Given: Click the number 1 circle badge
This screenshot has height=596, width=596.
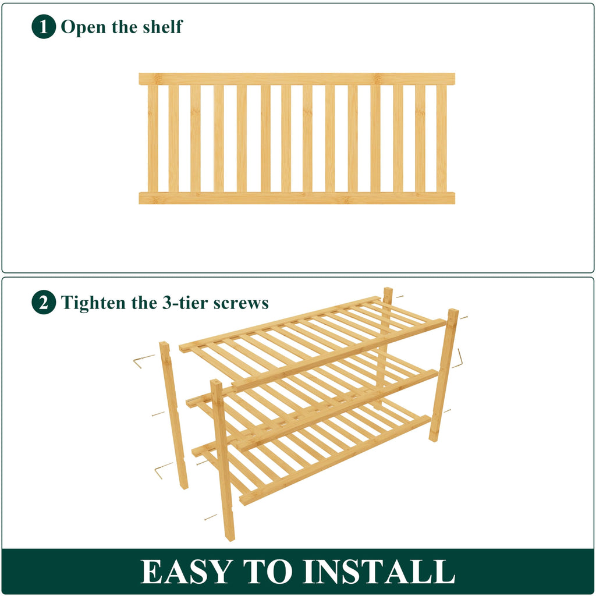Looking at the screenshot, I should (x=44, y=27).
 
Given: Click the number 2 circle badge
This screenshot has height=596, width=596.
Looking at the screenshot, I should (x=44, y=303).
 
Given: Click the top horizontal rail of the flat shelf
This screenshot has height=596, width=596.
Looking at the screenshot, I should (x=297, y=79).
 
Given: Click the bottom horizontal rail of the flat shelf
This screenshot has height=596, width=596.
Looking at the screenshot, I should (x=297, y=198).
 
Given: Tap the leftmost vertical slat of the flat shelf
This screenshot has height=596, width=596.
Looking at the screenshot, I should (x=152, y=139).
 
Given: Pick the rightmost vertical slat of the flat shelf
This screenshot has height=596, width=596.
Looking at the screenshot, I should (x=442, y=139).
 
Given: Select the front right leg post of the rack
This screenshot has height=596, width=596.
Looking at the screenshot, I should (x=444, y=375).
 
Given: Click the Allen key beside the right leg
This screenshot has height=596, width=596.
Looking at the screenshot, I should (x=459, y=359).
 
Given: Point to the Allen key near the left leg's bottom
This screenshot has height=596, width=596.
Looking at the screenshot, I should (x=162, y=470).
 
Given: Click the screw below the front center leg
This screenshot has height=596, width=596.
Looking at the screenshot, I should (x=210, y=516).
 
